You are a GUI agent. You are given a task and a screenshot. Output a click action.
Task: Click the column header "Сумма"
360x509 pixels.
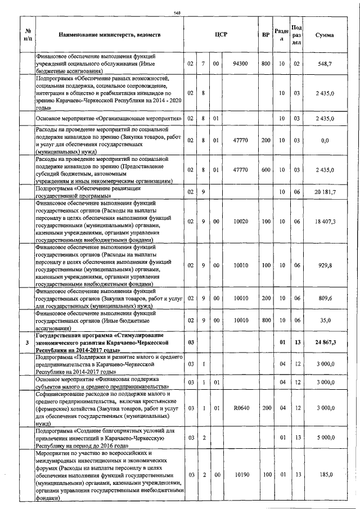coord(325,35)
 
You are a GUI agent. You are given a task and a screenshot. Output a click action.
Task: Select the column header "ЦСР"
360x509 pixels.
coord(220,35)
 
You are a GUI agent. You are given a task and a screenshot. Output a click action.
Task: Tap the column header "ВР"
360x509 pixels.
coord(265,35)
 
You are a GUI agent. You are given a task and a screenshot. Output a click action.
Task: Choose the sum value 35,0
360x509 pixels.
coord(327,319)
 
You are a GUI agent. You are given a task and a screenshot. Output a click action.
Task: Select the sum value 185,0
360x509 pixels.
coord(327,475)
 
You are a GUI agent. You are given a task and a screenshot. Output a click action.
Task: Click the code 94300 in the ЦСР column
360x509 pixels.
coord(241,64)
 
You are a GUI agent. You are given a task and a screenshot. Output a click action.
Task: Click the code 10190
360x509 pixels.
coord(241,475)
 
